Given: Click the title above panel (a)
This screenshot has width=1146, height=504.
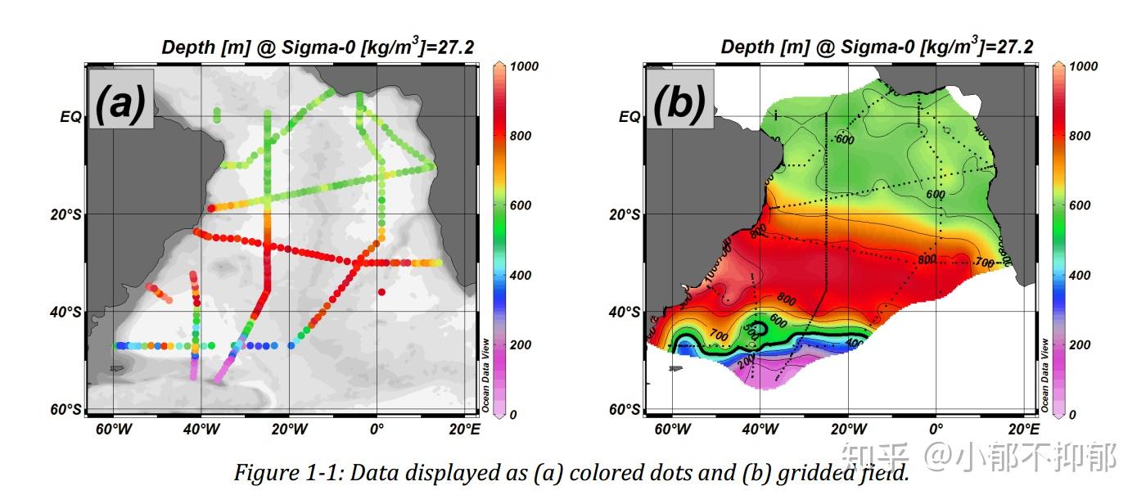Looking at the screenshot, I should pos(318,47).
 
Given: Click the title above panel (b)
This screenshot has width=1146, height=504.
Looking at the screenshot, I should pos(876,47).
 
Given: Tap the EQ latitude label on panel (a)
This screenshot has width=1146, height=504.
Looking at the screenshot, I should pos(70,117).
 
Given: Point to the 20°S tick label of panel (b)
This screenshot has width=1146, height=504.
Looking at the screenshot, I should pos(625,214).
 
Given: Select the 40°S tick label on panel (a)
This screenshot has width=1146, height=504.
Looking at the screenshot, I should pos(65,312).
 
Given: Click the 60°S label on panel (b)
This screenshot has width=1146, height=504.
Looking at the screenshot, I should pos(625,409).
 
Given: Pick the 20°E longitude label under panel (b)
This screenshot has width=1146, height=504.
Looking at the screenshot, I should pos(1023,430).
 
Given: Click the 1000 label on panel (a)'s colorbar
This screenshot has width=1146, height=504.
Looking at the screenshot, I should pos(525,66).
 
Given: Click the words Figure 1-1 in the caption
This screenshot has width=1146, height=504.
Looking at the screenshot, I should pos(278,473).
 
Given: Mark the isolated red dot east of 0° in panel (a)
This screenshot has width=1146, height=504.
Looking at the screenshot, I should pos(381,291).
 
